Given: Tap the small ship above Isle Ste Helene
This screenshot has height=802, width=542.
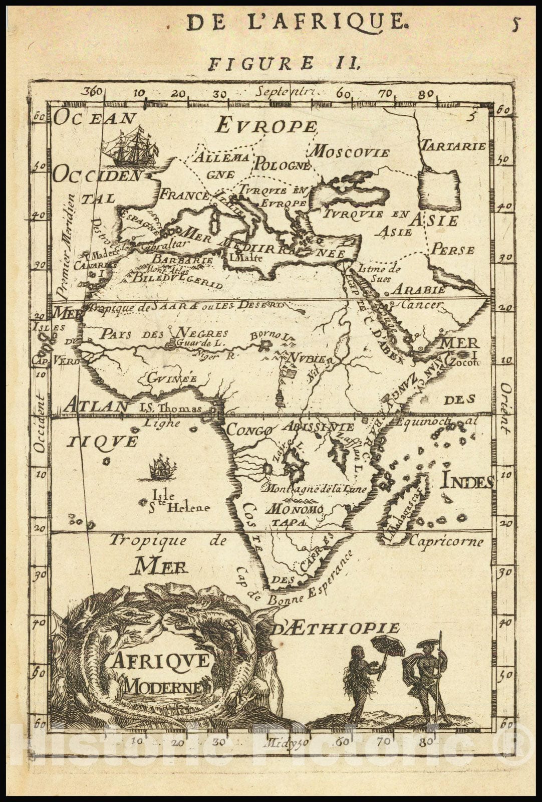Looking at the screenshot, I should pyautogui.click(x=163, y=467).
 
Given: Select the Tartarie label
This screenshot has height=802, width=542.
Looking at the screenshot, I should pyautogui.click(x=453, y=146).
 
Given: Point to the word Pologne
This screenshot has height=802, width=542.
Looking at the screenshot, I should pyautogui.click(x=283, y=165).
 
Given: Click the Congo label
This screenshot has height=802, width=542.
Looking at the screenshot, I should pyautogui.click(x=249, y=430).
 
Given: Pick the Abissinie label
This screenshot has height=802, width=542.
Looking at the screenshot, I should pyautogui.click(x=318, y=427).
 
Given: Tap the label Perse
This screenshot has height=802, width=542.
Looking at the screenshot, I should pyautogui.click(x=453, y=249).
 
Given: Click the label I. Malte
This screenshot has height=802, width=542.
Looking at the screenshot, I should pyautogui.click(x=243, y=259).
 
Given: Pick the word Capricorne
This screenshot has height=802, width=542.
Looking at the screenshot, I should pyautogui.click(x=446, y=541).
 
